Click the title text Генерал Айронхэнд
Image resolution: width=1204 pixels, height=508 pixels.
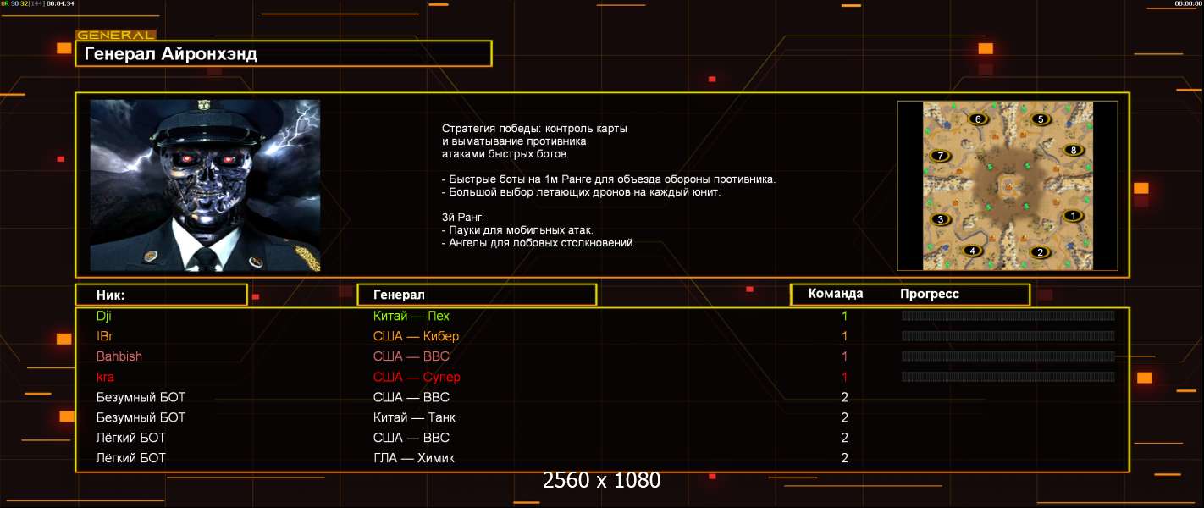[170, 54]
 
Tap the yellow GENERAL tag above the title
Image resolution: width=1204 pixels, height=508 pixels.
[115, 35]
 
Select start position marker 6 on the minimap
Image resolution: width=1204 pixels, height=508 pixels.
[978, 119]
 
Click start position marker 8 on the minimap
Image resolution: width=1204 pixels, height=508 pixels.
[1074, 150]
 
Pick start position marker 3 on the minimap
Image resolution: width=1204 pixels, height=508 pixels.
[940, 218]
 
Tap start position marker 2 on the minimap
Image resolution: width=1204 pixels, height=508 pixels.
[1040, 252]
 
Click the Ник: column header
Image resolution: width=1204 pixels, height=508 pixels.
[110, 295]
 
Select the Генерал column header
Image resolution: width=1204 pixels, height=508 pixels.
[399, 295]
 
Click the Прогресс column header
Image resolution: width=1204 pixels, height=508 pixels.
[930, 294]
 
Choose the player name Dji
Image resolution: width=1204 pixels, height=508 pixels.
[104, 316]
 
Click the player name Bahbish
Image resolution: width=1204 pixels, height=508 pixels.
[119, 356]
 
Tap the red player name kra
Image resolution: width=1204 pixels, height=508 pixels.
[105, 377]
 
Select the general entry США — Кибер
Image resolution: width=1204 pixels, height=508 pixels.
[416, 336]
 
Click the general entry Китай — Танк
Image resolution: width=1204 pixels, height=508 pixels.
[414, 417]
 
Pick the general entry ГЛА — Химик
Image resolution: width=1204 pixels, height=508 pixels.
[413, 458]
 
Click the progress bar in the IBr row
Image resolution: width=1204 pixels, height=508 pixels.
[1008, 336]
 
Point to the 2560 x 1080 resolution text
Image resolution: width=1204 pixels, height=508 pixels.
[601, 480]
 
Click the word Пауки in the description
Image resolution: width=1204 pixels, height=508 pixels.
[467, 230]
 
